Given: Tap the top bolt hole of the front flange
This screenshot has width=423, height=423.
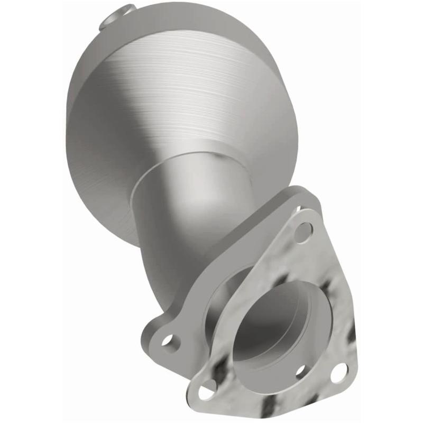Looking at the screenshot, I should coord(304,231).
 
